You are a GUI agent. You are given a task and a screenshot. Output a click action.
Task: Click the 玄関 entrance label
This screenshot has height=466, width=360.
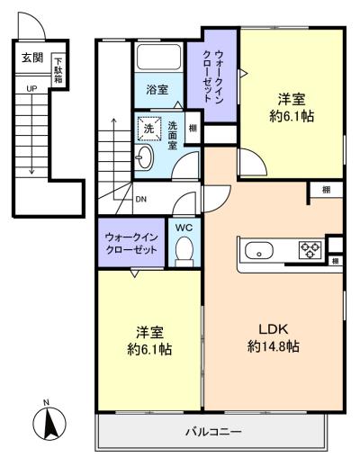[32, 58]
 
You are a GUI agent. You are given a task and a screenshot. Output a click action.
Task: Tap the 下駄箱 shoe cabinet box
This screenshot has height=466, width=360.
[58, 70]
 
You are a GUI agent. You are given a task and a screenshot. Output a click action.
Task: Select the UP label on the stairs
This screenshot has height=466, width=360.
[31, 89]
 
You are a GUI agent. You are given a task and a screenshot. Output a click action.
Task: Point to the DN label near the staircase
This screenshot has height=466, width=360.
[141, 199]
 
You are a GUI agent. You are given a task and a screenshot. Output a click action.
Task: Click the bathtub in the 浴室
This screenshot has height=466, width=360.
[158, 57]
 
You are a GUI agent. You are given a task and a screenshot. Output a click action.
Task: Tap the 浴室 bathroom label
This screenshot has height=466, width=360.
[157, 90]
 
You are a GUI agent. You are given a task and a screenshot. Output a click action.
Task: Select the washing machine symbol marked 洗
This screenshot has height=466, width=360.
[148, 129]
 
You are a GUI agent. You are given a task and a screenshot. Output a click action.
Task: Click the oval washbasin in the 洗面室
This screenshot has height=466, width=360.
[144, 157]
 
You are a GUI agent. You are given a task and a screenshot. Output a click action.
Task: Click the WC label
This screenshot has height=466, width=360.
[184, 228]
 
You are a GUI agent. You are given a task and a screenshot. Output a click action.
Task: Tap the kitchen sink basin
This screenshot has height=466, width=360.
[259, 251]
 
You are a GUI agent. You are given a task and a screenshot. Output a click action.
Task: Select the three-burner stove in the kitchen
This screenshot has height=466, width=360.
[310, 251]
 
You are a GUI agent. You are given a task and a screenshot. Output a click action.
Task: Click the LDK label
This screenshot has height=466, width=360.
[274, 329]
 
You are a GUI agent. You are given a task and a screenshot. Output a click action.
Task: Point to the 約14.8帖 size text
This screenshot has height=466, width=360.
[274, 346]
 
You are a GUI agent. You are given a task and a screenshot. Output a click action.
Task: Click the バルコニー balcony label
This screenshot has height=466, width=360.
[213, 432]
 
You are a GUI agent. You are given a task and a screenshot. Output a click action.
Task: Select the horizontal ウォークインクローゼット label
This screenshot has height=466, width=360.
[131, 244]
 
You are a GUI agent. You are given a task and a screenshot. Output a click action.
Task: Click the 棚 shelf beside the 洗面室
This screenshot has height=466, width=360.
[193, 128]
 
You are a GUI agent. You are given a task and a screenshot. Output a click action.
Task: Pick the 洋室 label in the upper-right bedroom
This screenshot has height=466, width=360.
[292, 99]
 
